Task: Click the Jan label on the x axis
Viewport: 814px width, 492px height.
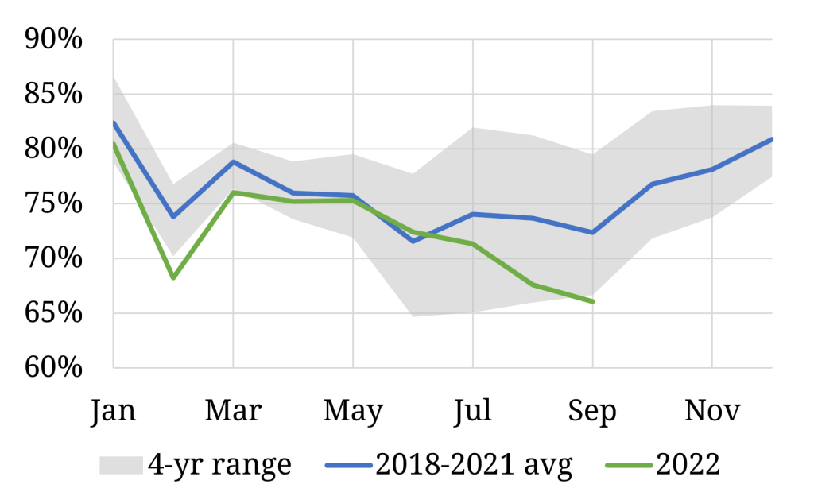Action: pyautogui.click(x=114, y=410)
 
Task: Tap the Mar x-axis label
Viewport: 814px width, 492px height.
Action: pyautogui.click(x=233, y=410)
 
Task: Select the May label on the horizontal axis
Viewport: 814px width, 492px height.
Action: pyautogui.click(x=353, y=410)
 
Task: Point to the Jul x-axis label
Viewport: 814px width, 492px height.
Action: pyautogui.click(x=473, y=410)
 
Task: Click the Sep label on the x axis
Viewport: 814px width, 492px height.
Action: pyautogui.click(x=592, y=410)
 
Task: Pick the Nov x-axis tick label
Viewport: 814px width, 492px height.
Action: pyautogui.click(x=712, y=410)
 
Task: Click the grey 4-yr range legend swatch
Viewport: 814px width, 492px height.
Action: pyautogui.click(x=121, y=464)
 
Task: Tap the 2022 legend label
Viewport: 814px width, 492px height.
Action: pyautogui.click(x=688, y=464)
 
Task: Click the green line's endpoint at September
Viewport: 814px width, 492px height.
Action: pyautogui.click(x=593, y=301)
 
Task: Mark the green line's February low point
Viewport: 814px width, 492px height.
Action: pyautogui.click(x=173, y=277)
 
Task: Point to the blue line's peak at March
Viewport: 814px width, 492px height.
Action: pyautogui.click(x=233, y=161)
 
